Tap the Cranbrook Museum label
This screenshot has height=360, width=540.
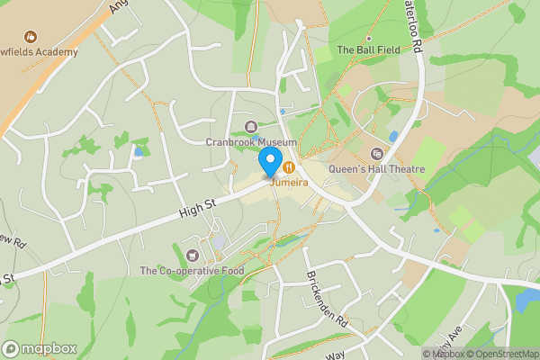250,142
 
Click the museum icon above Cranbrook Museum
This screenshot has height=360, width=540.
250,127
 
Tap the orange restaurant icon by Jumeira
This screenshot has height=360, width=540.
289,166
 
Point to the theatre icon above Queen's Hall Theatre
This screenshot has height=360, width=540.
376,154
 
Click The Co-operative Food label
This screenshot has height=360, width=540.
192,270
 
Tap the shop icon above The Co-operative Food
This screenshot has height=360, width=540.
192,255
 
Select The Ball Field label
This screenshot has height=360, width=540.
367,49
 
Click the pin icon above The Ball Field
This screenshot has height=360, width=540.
367,36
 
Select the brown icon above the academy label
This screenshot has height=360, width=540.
31,37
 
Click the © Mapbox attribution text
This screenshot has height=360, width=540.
444,354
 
